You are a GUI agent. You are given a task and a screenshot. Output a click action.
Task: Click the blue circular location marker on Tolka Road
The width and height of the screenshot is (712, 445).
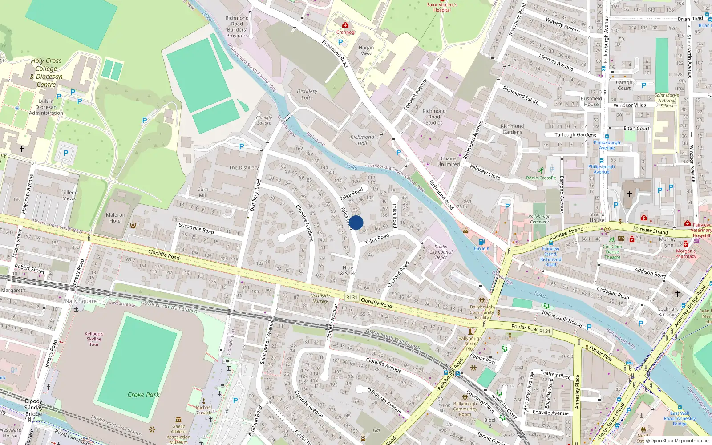coord(356,222)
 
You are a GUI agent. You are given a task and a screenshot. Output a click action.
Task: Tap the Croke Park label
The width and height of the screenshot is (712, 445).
coord(143,395)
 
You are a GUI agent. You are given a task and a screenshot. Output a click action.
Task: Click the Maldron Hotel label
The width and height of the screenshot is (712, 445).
coord(115,218)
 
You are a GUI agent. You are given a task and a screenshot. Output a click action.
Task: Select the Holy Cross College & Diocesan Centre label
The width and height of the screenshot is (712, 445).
coord(46,73)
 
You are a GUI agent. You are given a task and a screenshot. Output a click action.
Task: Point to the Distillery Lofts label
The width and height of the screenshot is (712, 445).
coord(307,94)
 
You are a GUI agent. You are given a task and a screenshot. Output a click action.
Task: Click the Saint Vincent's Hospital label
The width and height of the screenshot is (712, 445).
coord(442,7)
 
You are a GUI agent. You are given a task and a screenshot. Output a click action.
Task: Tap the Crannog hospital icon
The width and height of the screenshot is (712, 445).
coord(345,25)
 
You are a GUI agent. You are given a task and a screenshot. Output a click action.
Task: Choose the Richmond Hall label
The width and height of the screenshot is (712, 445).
coord(362,140)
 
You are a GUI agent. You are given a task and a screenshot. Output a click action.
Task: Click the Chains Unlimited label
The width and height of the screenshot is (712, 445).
coord(449,161)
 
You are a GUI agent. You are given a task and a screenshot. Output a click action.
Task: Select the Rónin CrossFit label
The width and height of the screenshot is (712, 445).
coord(541,178)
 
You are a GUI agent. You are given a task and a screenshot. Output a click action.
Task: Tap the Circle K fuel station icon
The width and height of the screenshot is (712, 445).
coord(481,242)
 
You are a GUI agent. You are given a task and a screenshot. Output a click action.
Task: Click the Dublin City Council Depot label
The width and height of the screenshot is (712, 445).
coord(441,252)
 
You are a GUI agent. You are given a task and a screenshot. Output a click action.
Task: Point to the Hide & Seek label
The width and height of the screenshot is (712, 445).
coord(348,271)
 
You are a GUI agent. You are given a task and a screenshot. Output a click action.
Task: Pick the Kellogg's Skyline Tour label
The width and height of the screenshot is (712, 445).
coord(94,339)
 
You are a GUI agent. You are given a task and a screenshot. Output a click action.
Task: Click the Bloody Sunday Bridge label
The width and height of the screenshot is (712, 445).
coord(33,407)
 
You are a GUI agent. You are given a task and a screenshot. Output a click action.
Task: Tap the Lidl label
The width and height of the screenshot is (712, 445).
coord(376,430)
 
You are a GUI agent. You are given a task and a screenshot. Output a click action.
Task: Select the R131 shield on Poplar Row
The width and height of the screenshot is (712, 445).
coord(545,331)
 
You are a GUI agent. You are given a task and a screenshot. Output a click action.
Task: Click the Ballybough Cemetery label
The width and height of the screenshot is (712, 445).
coord(539,219)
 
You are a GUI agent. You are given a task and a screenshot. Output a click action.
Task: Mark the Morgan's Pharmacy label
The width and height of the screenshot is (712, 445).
coord(686,254)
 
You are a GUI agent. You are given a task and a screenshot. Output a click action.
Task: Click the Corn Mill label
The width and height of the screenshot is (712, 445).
coord(203,192)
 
